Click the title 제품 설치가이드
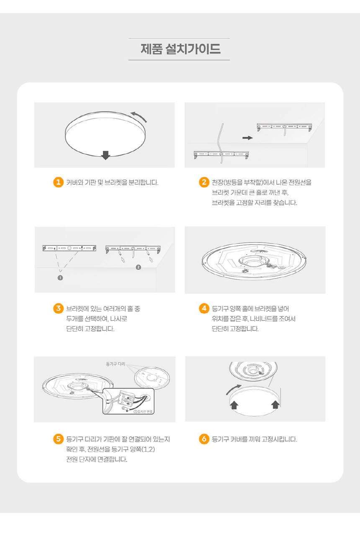pos(180,49)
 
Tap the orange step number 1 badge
pos(58,182)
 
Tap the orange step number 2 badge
pos(204,182)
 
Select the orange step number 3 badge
pos(58,308)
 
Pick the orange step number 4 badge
pos(204,308)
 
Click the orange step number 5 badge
pos(58,439)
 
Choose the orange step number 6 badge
pos(204,439)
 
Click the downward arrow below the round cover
pos(105,155)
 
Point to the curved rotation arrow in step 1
pos(139,116)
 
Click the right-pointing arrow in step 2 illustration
pos(247,138)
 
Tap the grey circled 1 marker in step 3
pos(60,278)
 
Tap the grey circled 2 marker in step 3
pos(138,267)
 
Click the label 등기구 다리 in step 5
pos(116,364)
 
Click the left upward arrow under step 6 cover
pos(234,405)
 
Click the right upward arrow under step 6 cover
pos(275,405)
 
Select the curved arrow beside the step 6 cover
pos(233,389)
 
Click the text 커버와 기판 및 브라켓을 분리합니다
pos(112,183)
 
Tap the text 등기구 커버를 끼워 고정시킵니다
pos(255,439)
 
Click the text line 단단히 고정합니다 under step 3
pos(90,329)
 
